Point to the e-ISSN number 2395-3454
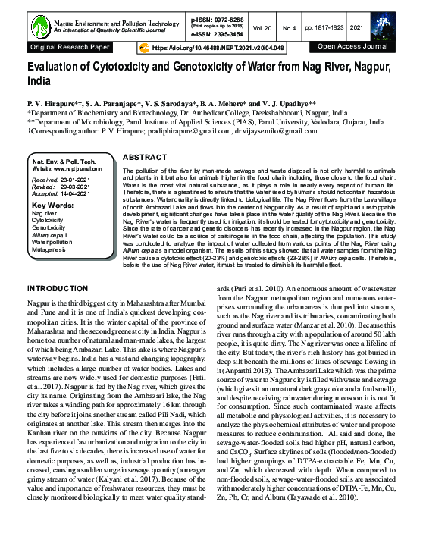coord(224,35)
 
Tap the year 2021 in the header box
coord(379,28)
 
